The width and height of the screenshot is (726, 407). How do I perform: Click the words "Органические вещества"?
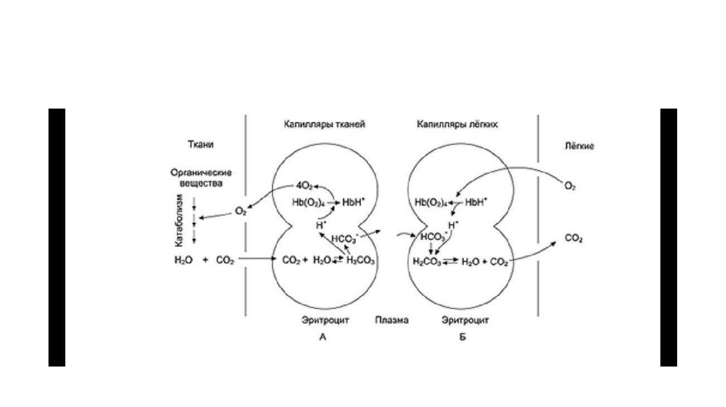click(x=202, y=177)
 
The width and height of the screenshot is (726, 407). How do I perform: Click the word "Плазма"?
click(x=391, y=320)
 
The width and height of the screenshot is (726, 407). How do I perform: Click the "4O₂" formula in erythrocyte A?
click(x=303, y=186)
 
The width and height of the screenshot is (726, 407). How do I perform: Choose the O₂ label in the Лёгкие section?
click(x=569, y=186)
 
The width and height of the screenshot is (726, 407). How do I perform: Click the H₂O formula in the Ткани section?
click(x=182, y=260)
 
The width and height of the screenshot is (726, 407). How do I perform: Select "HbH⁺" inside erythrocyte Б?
click(x=476, y=202)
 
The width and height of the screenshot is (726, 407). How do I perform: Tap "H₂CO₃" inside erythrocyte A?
click(x=360, y=261)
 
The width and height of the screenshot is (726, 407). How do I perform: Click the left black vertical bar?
click(x=57, y=237)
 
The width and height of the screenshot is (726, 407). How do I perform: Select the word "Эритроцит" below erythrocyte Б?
click(x=462, y=320)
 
